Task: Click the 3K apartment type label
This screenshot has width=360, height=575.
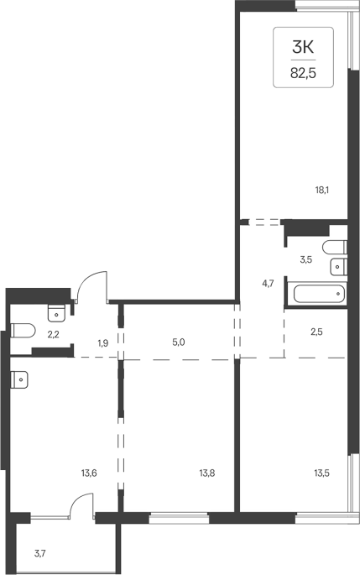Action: (x=304, y=47)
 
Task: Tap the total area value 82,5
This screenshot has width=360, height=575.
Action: (x=303, y=73)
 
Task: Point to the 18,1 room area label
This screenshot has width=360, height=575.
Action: (x=321, y=191)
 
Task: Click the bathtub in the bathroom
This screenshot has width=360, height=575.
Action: (x=318, y=293)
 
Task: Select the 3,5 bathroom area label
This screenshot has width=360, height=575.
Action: (x=306, y=260)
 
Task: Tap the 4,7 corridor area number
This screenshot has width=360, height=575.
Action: (x=268, y=284)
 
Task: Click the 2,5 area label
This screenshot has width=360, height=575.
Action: (x=316, y=332)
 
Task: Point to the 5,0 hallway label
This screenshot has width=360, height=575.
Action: (x=178, y=342)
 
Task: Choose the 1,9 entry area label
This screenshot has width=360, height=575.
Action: (x=103, y=343)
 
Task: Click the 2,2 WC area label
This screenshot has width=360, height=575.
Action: (x=54, y=334)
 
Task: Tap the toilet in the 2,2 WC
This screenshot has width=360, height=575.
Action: (x=23, y=330)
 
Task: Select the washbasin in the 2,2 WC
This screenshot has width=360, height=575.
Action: (x=56, y=312)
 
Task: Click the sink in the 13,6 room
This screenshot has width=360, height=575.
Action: (x=19, y=379)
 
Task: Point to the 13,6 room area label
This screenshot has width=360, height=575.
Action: (x=89, y=473)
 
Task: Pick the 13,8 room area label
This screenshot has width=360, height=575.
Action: (x=207, y=473)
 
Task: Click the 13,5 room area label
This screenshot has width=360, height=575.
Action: (x=322, y=473)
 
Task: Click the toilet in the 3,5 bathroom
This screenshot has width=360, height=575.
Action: (x=335, y=247)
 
